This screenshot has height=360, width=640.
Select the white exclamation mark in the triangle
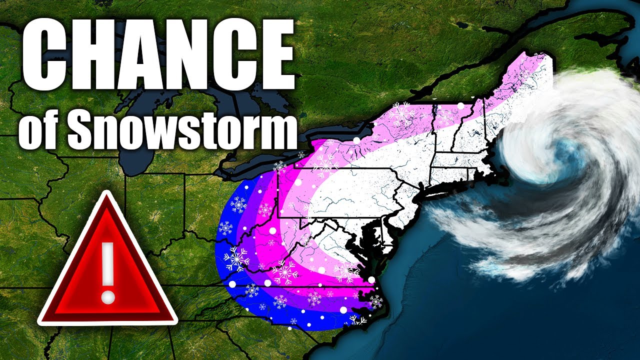coord(107,270)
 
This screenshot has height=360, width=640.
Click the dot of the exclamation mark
coord(107,296)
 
